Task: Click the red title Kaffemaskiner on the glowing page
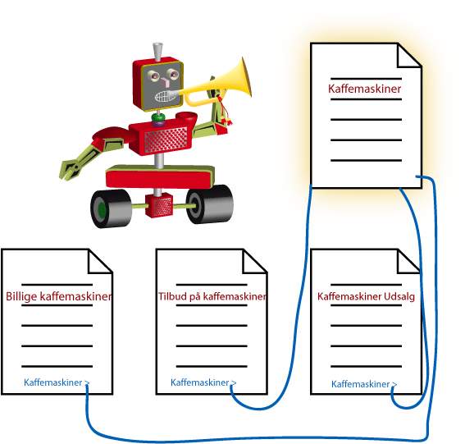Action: [x=364, y=89]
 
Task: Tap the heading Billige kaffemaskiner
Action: [x=59, y=296]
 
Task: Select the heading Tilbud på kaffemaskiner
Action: [x=212, y=296]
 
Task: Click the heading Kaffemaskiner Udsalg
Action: [x=366, y=296]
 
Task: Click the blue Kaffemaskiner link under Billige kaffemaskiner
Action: [x=57, y=382]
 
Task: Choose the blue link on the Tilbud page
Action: [x=203, y=382]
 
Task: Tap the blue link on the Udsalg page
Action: [x=364, y=384]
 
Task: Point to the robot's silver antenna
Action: [x=157, y=52]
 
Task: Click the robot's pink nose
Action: [x=165, y=82]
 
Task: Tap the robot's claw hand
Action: [x=70, y=169]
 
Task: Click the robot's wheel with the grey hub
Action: [x=210, y=204]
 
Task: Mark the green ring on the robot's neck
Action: [x=158, y=117]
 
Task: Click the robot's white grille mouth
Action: [x=163, y=96]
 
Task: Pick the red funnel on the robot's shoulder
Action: [x=186, y=118]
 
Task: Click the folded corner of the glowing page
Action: [x=409, y=55]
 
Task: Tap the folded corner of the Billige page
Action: [x=100, y=261]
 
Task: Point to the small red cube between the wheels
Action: [x=159, y=205]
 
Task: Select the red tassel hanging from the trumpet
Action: [x=226, y=112]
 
